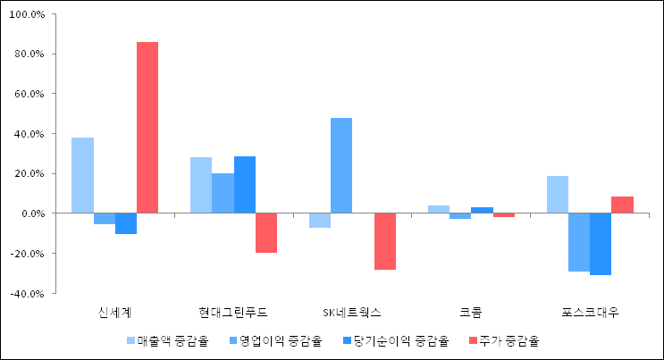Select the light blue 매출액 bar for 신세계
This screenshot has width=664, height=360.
tap(82, 175)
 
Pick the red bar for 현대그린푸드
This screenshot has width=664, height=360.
tap(266, 232)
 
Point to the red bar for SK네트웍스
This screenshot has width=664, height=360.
tap(384, 241)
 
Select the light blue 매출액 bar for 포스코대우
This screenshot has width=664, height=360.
tap(558, 195)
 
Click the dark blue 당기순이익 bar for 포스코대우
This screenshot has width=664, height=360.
tap(601, 244)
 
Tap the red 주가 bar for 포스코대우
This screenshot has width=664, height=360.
tap(622, 205)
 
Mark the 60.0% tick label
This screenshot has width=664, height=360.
tap(27, 94)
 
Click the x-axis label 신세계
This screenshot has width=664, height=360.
tap(114, 313)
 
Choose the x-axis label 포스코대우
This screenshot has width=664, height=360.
tap(590, 313)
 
